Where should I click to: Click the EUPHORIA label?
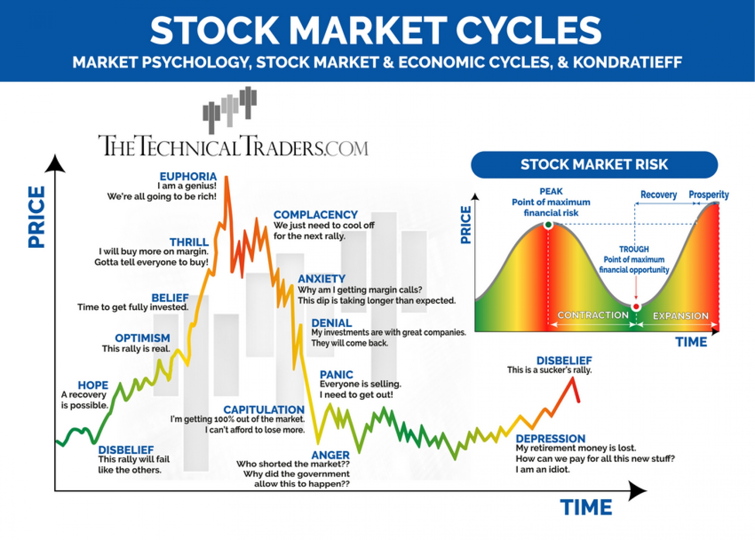click(188, 176)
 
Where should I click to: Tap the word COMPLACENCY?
click(315, 215)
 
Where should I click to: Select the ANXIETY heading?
click(321, 279)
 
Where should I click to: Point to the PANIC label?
click(336, 374)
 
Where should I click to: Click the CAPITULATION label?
click(263, 410)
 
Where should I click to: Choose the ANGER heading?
click(330, 455)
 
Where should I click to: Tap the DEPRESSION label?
click(550, 439)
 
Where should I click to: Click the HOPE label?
click(93, 385)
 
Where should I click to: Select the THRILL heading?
click(189, 242)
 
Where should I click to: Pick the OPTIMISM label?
click(142, 338)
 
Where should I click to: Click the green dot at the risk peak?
click(548, 225)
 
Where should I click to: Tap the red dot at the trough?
click(636, 306)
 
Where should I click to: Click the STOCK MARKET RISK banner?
click(594, 164)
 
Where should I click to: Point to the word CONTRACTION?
click(593, 315)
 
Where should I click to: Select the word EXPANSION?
click(680, 316)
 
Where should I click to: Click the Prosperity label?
click(708, 195)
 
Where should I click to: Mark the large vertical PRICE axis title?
click(37, 217)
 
